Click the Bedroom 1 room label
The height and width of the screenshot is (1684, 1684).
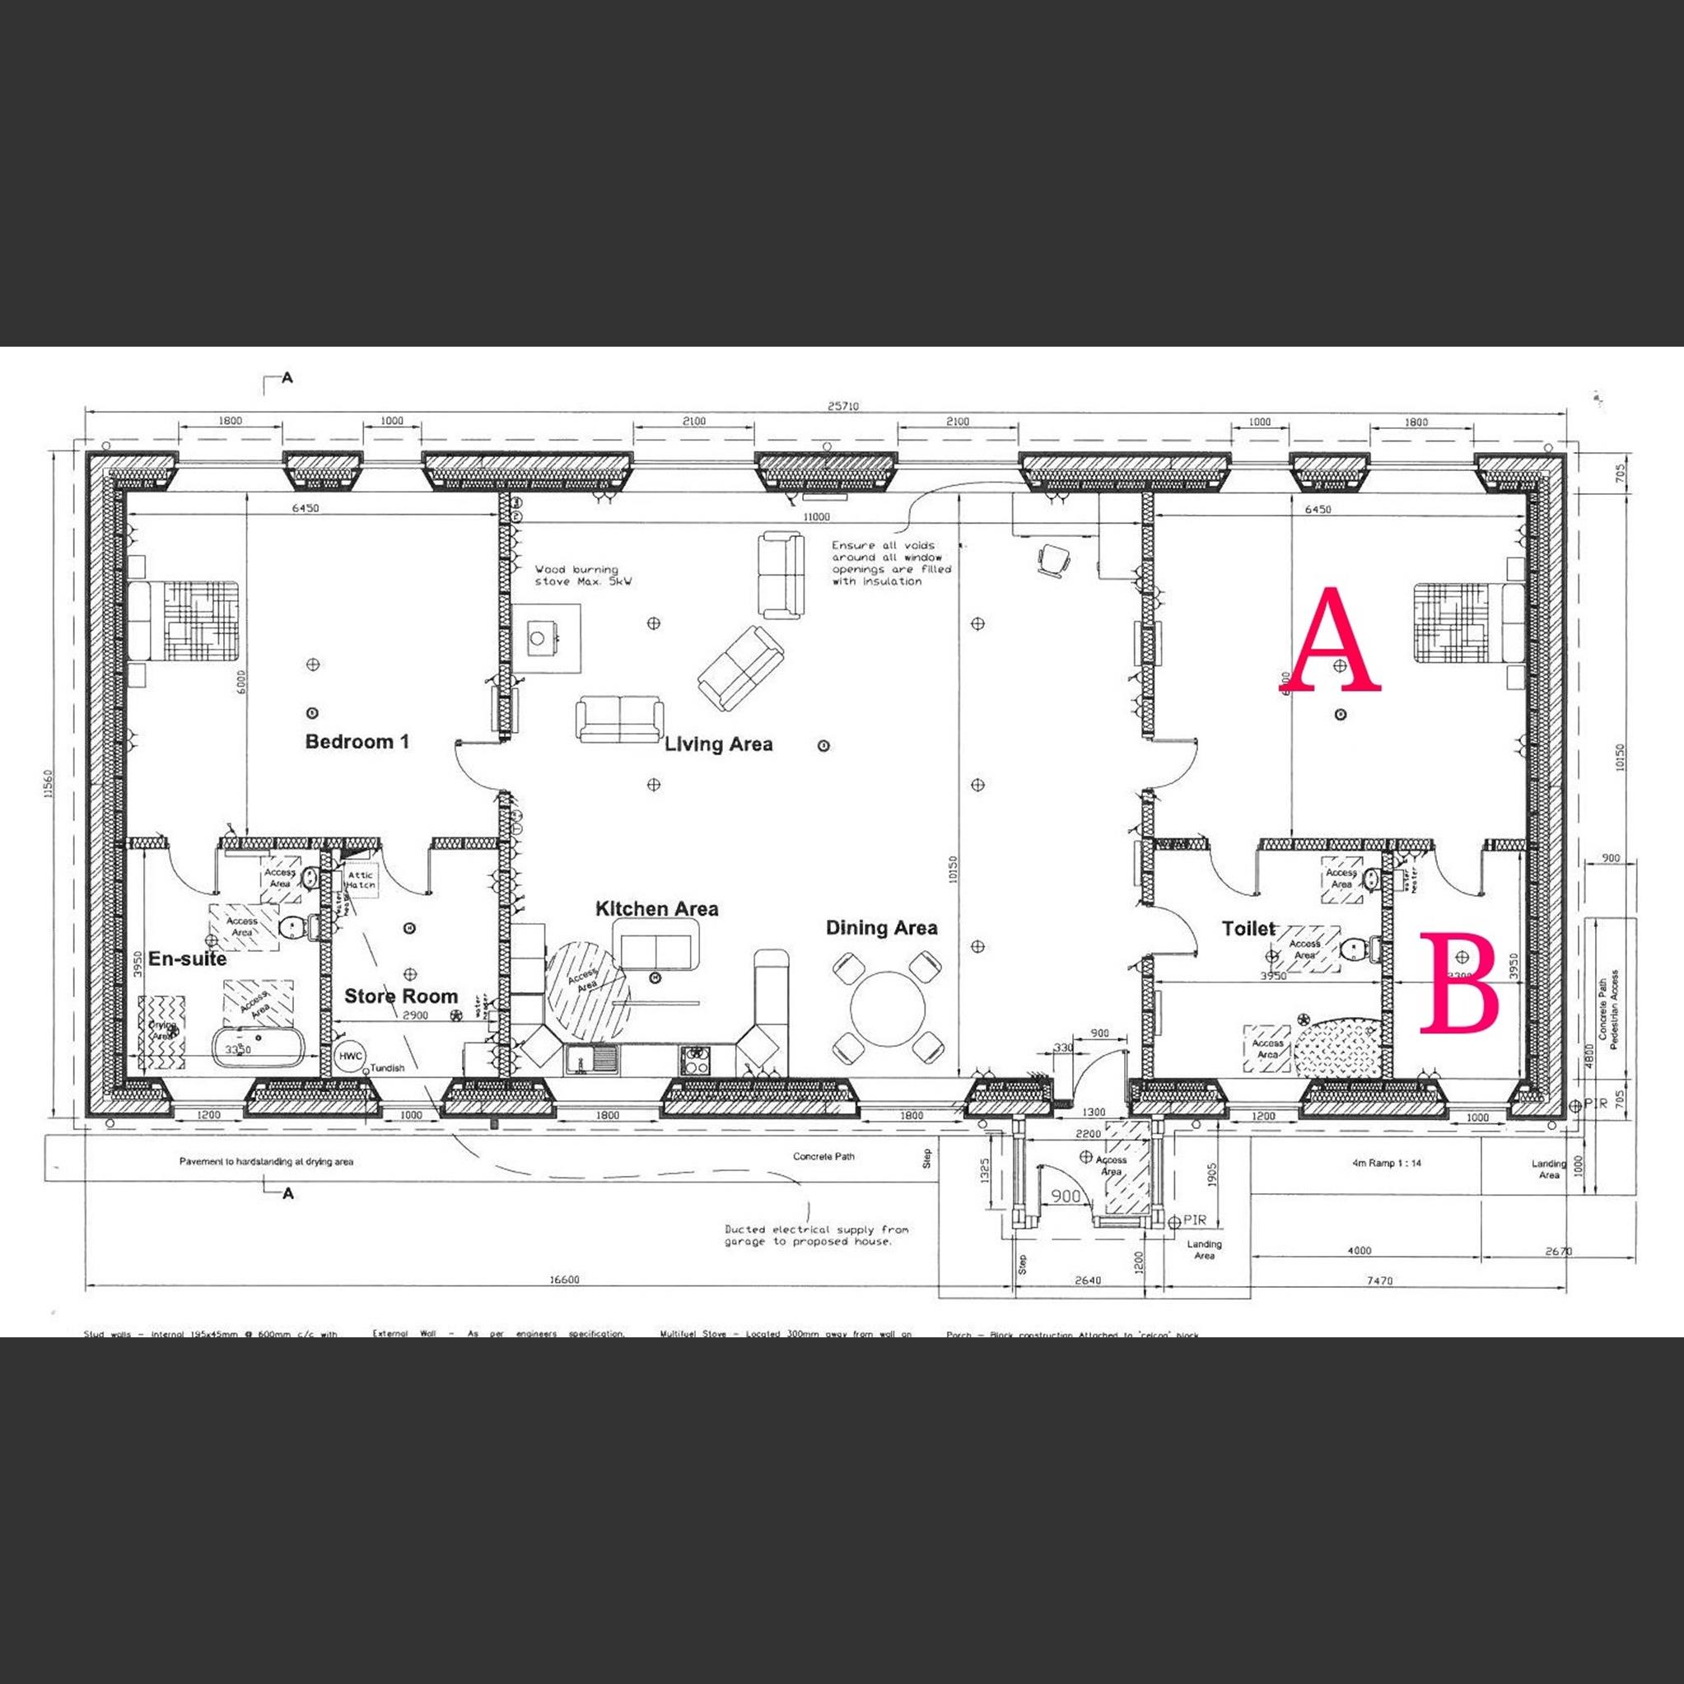tap(357, 742)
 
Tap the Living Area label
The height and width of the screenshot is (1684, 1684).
tap(718, 744)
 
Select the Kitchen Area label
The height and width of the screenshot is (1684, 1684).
tap(656, 909)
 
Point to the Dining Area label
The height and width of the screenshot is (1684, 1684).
tap(881, 928)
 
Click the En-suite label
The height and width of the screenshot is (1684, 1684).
tap(187, 959)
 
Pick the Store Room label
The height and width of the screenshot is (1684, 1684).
tap(400, 996)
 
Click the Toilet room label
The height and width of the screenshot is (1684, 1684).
tap(1248, 929)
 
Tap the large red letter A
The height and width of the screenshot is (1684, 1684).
tap(1336, 640)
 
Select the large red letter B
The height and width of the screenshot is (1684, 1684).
tap(1459, 984)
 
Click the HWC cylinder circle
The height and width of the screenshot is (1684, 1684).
tap(351, 1056)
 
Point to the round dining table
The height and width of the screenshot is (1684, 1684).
tap(889, 1009)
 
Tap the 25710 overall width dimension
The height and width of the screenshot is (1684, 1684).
tap(843, 406)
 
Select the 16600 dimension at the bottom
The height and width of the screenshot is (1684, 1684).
tap(564, 1280)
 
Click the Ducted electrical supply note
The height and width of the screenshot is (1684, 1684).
tap(816, 1235)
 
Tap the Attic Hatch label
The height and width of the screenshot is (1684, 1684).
tap(360, 879)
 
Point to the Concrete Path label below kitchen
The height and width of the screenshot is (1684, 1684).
tap(823, 1157)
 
